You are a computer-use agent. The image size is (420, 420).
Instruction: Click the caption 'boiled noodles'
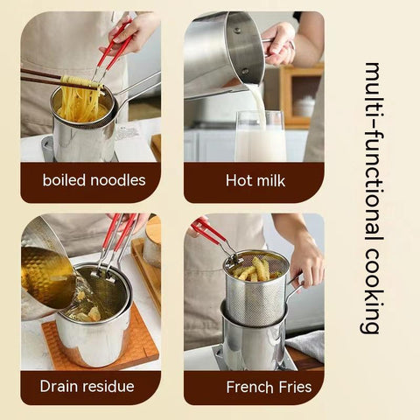coord(90,181)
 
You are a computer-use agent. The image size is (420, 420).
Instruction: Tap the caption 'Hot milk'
coord(254,181)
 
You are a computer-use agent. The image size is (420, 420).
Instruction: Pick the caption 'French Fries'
coord(254,385)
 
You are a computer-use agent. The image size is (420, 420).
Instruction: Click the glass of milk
coord(261,138)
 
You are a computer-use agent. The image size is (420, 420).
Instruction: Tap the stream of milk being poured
coord(257,98)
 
